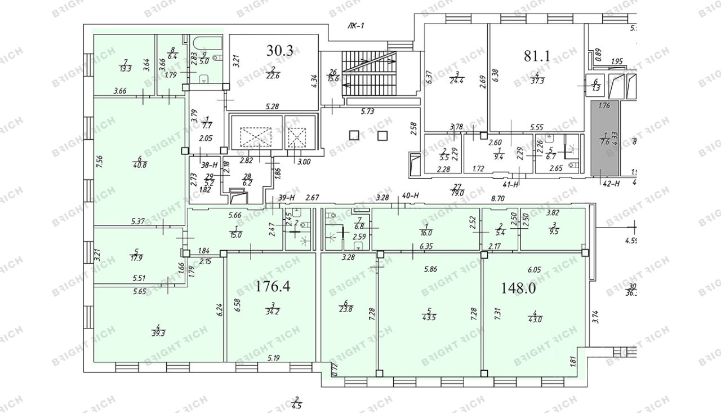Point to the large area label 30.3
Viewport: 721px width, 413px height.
[280, 50]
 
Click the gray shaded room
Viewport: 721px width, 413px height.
[603, 138]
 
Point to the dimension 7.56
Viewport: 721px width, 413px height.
[100, 163]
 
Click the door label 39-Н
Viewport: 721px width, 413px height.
[287, 197]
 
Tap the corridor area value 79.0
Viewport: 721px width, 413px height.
[457, 193]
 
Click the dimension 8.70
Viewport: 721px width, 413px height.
[497, 198]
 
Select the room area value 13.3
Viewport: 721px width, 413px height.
[125, 69]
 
